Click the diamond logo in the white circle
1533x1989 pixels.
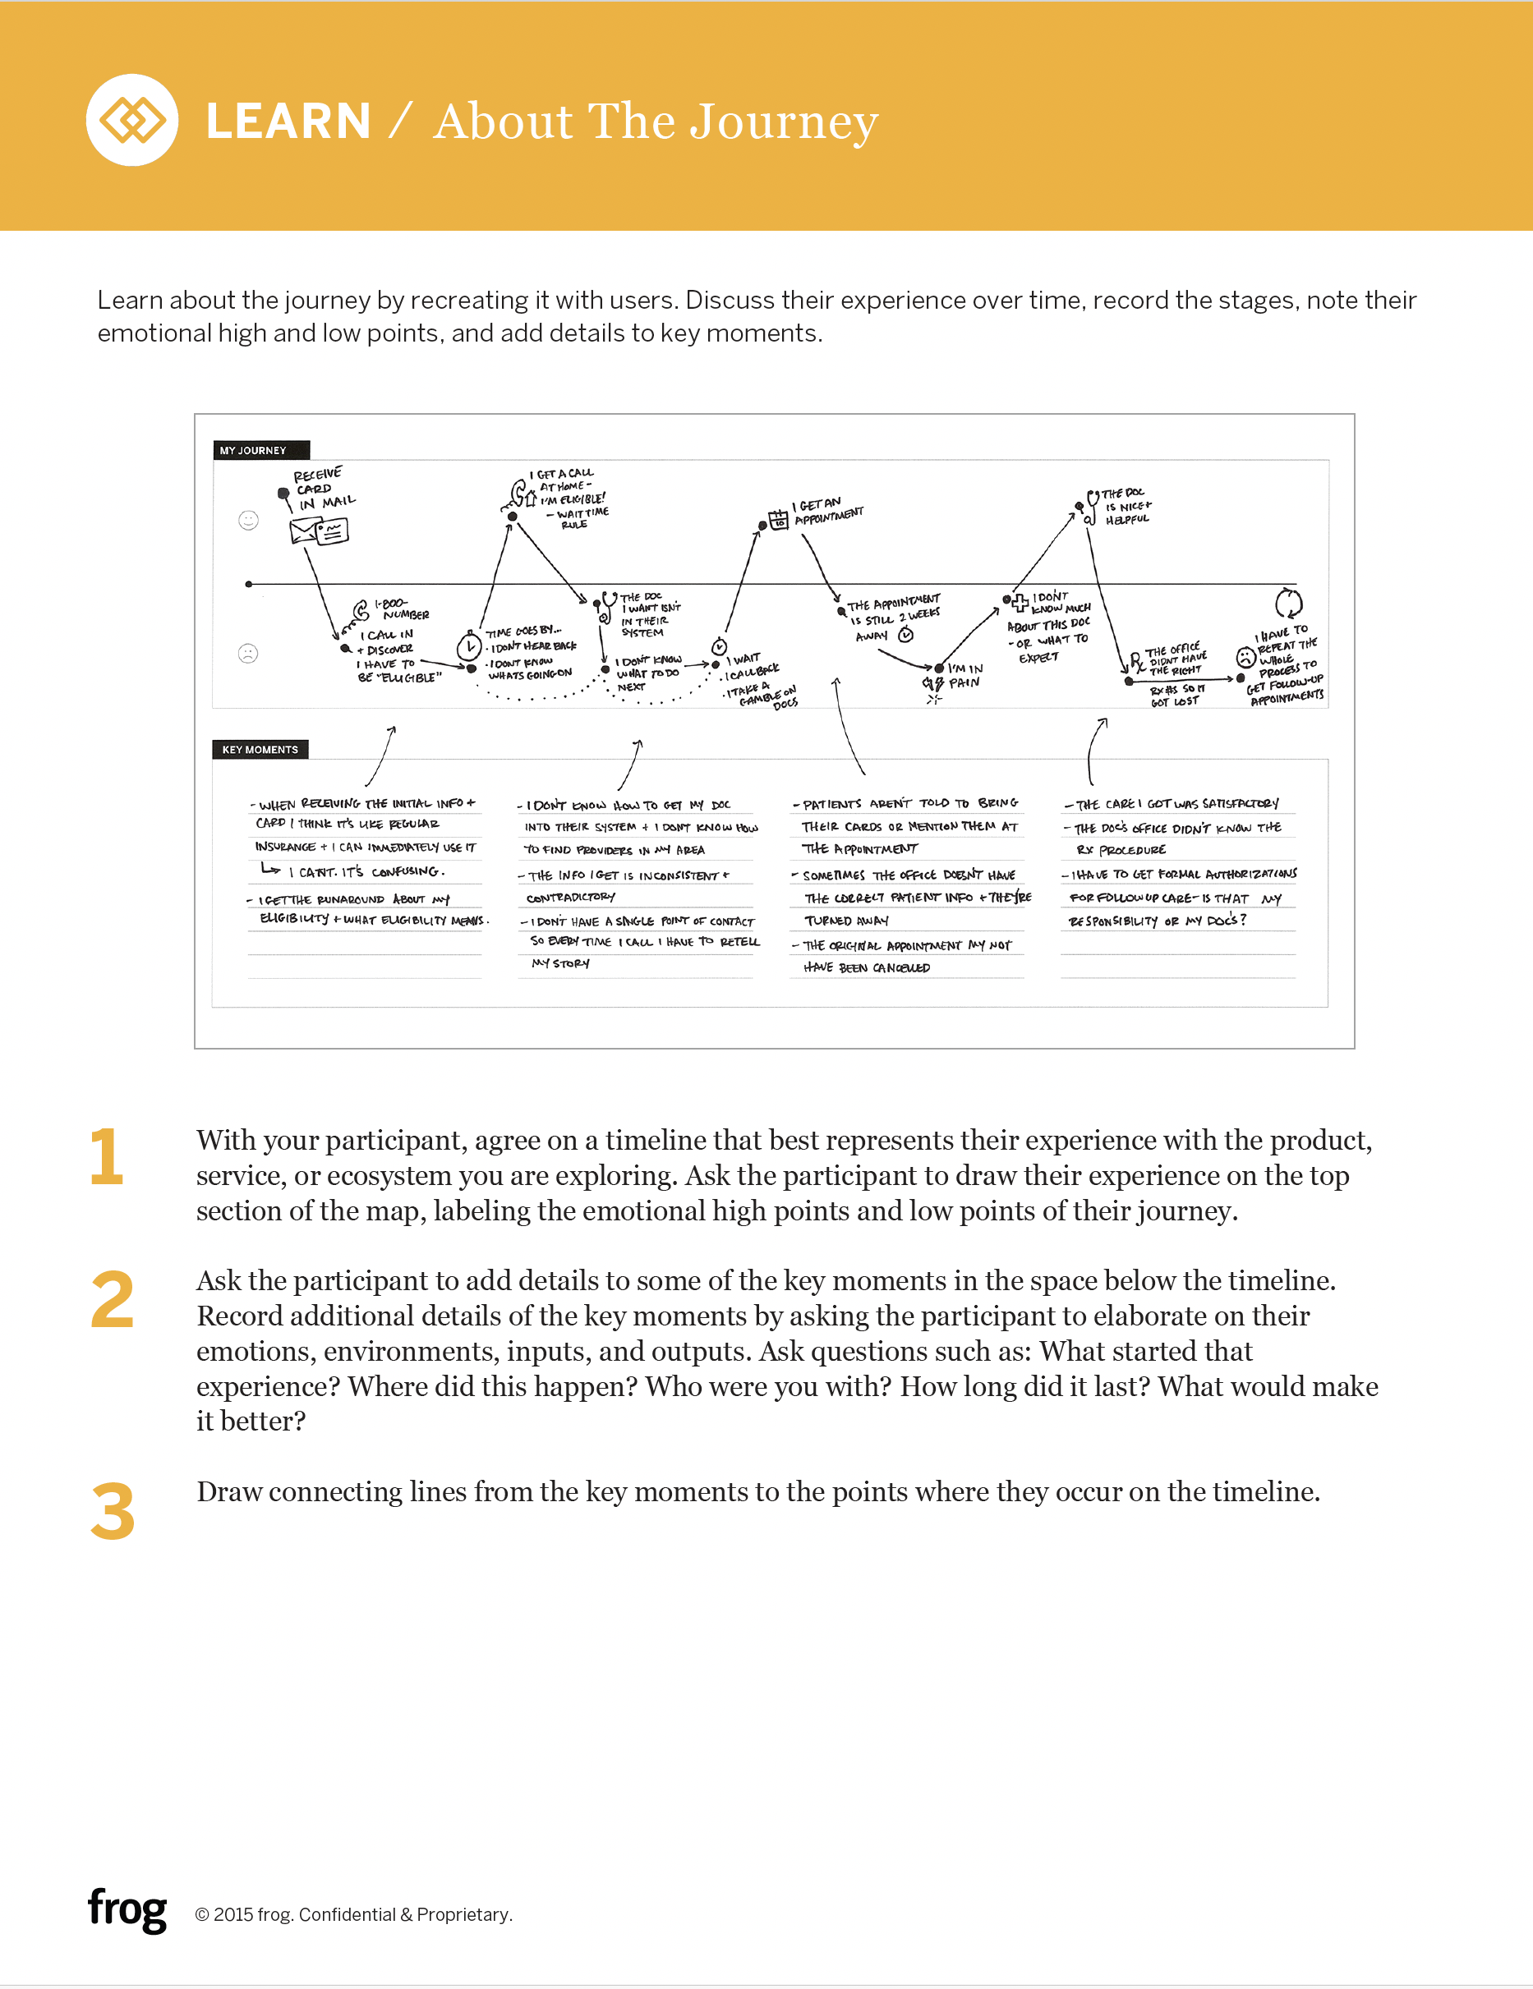(132, 120)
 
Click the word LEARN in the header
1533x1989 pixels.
(288, 122)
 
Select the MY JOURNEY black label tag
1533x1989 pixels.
(260, 450)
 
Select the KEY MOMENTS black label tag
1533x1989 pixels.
(260, 750)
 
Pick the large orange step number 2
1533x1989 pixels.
(112, 1300)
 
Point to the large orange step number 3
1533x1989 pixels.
(112, 1512)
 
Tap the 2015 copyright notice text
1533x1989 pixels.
(353, 1914)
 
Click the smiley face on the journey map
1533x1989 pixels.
(248, 520)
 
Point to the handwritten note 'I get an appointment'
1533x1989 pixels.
(827, 511)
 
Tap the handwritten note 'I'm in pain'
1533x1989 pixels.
(964, 675)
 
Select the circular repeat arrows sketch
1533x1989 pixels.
(1288, 602)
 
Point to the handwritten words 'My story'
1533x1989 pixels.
(560, 963)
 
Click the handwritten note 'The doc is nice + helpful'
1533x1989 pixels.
(1128, 507)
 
